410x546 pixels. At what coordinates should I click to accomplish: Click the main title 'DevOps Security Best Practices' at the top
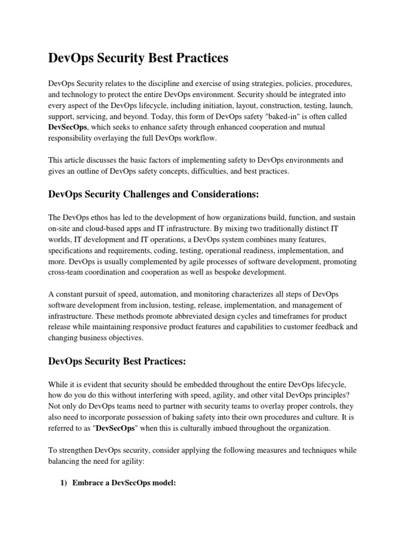(x=138, y=59)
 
